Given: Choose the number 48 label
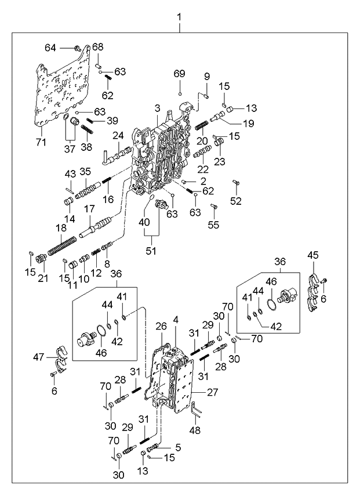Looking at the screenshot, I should click(195, 430).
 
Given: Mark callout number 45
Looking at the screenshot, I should click(312, 255).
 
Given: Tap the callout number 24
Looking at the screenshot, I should click(119, 136).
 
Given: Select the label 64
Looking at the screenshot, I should click(50, 48).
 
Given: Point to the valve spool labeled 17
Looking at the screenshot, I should click(96, 225).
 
